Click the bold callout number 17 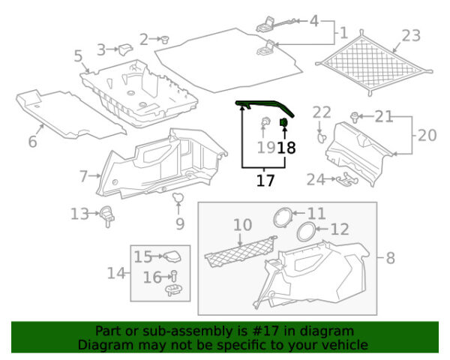tap(265, 180)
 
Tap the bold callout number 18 tap(286, 148)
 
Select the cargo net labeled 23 tap(373, 63)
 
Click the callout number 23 tap(411, 36)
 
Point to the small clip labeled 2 tap(165, 39)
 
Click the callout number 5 tap(78, 56)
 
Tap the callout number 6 tap(33, 142)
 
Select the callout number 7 tap(83, 176)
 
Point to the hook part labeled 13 tap(107, 216)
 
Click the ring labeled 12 tap(307, 232)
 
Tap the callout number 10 tap(243, 225)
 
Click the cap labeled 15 tap(172, 256)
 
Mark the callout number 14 tap(116, 273)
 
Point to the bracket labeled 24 tap(347, 179)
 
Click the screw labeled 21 tap(355, 117)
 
